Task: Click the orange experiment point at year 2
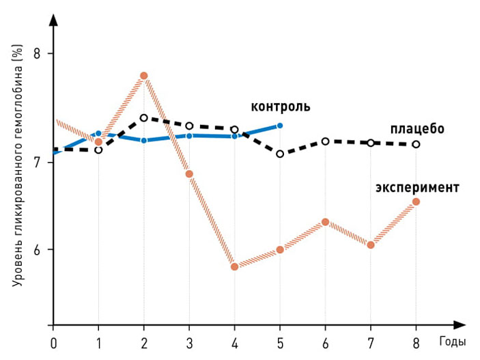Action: [x=143, y=76]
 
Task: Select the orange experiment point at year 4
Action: [x=234, y=266]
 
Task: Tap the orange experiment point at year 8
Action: [x=416, y=202]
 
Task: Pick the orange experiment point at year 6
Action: [x=325, y=222]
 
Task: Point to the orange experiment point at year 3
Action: [x=189, y=174]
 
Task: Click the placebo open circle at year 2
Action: [x=143, y=117]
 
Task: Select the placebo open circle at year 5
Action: [x=280, y=154]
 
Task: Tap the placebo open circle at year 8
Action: [x=416, y=144]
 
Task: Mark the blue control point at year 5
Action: [x=280, y=126]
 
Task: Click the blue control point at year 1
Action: [x=98, y=133]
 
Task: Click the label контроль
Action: [x=280, y=107]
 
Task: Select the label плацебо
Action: [x=417, y=128]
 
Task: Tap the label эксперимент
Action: [x=417, y=186]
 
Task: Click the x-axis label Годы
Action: [x=453, y=341]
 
